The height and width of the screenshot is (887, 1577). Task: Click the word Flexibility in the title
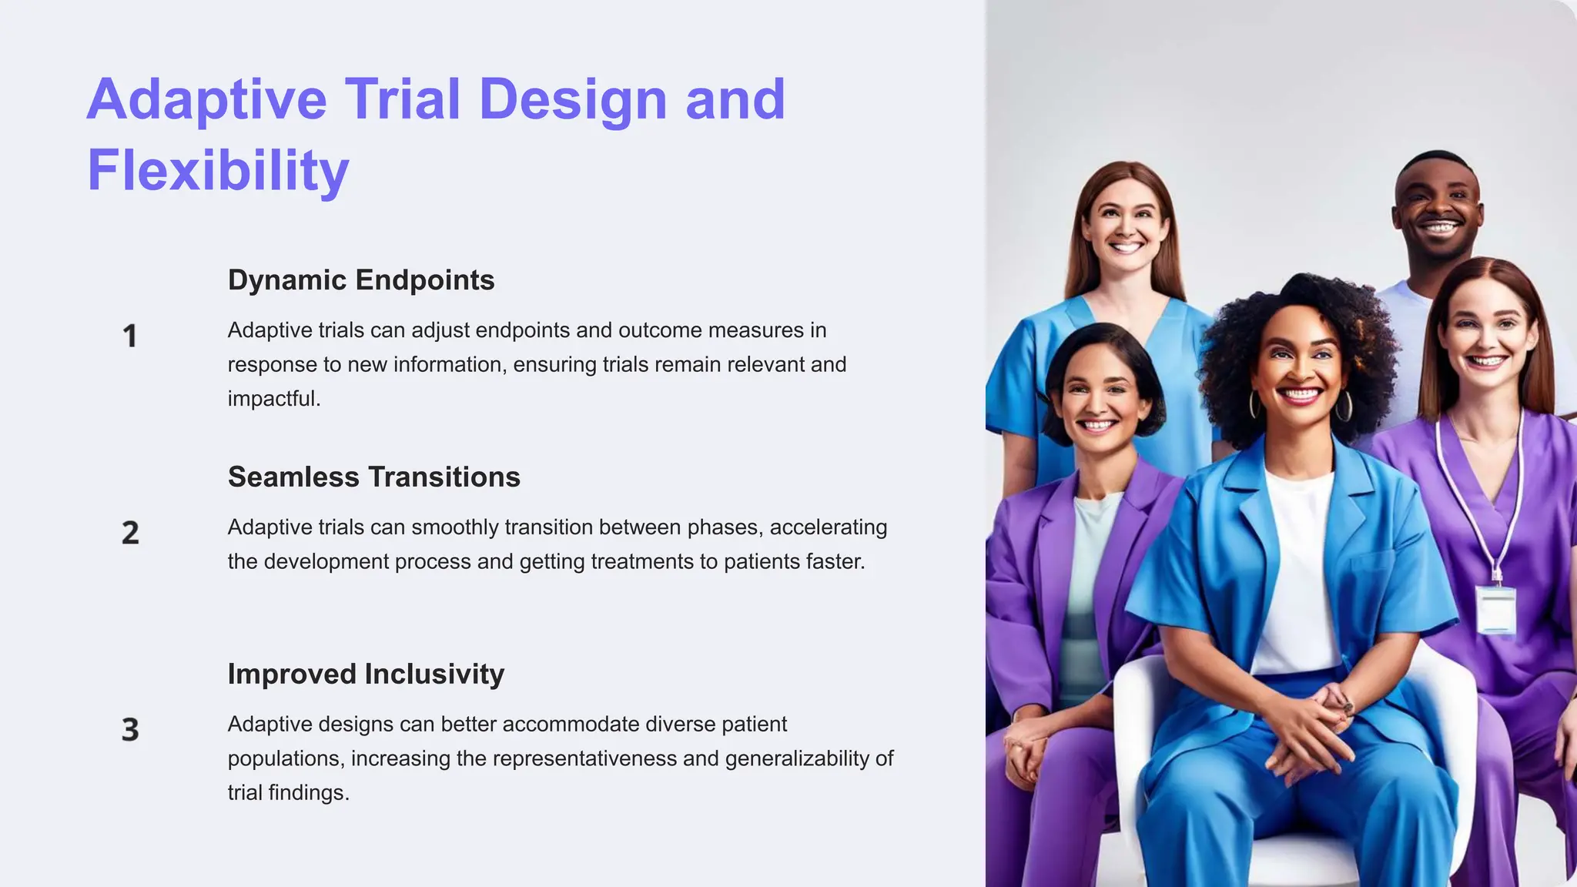coord(218,171)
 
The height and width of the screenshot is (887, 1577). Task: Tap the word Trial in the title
coord(402,100)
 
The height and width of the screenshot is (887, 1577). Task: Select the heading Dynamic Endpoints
coord(360,280)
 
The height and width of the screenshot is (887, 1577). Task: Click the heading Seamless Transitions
coord(373,477)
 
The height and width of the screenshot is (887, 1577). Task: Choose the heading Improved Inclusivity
coord(366,674)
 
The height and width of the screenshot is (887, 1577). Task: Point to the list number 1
coord(130,336)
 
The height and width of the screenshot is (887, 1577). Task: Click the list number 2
coord(130,533)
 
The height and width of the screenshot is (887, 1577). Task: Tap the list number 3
coord(130,730)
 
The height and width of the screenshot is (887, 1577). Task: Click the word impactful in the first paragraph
coord(273,399)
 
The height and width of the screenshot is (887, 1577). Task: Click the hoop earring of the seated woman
coord(1344,406)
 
